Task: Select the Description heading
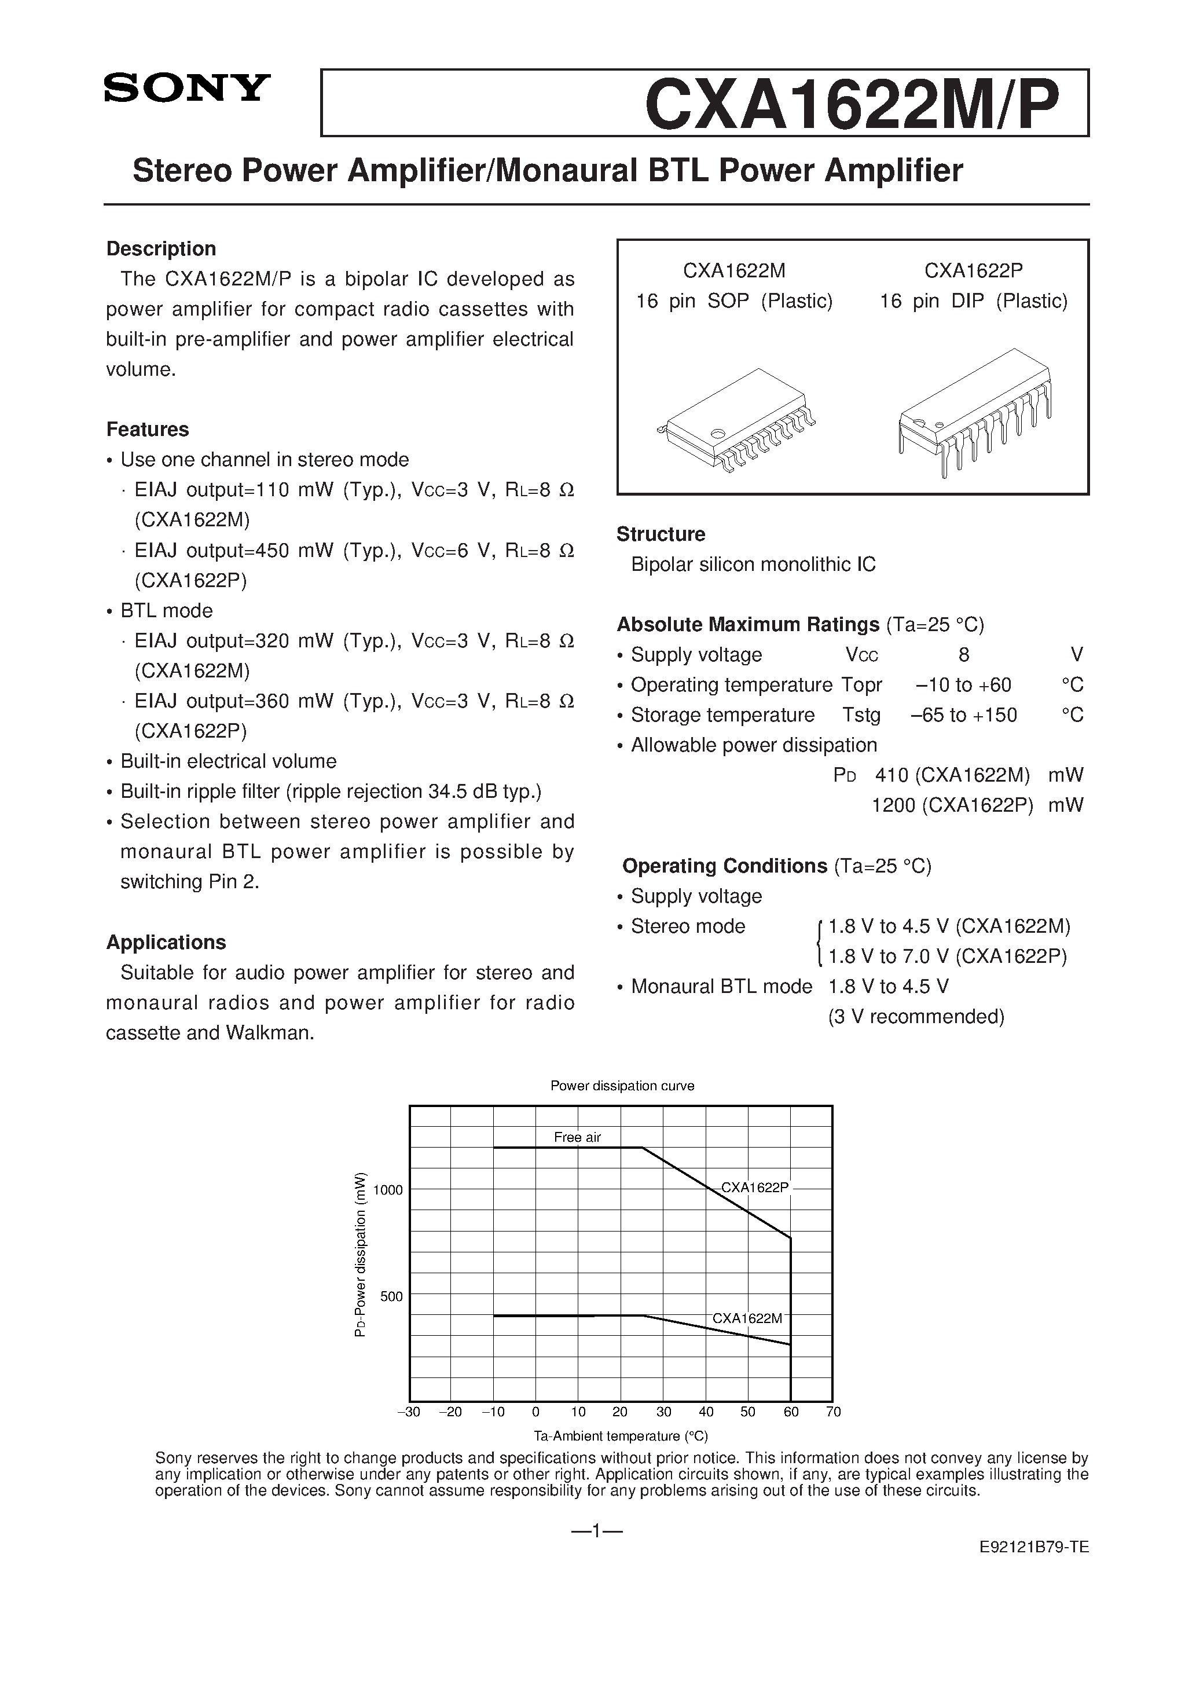pyautogui.click(x=161, y=248)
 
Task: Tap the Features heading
pyautogui.click(x=148, y=429)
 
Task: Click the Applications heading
pyautogui.click(x=166, y=943)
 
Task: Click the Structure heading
pyautogui.click(x=661, y=534)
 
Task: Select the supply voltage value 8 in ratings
pyautogui.click(x=964, y=655)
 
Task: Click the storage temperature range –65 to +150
pyautogui.click(x=964, y=715)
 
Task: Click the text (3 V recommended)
pyautogui.click(x=916, y=1017)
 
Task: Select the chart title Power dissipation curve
pyautogui.click(x=622, y=1086)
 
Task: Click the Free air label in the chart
pyautogui.click(x=577, y=1137)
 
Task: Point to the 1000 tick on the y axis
pyautogui.click(x=388, y=1189)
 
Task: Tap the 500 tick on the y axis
pyautogui.click(x=391, y=1296)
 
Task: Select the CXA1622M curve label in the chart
pyautogui.click(x=746, y=1318)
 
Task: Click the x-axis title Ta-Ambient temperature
pyautogui.click(x=620, y=1437)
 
